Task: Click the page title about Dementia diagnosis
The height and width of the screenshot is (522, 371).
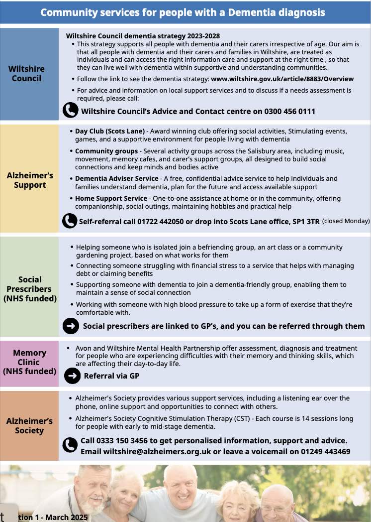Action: [183, 12]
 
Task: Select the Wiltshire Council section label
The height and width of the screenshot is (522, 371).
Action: [26, 73]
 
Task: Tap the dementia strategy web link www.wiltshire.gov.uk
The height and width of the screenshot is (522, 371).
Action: [282, 79]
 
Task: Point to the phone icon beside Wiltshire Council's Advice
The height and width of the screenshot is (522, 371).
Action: [70, 110]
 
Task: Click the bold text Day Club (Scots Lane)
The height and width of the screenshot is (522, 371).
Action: [110, 131]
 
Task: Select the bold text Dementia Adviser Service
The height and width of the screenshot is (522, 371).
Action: [116, 178]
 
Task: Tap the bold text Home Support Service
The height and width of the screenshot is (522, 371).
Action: [111, 198]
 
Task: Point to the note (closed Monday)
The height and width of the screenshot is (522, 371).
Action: [346, 221]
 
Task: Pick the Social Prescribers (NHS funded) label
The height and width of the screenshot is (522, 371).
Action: [29, 289]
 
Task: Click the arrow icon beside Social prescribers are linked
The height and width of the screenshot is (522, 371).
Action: [71, 326]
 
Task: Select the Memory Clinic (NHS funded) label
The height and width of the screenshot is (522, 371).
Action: [29, 362]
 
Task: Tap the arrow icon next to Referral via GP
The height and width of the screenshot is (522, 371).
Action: [73, 376]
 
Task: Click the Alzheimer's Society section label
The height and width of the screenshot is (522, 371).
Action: [29, 426]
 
